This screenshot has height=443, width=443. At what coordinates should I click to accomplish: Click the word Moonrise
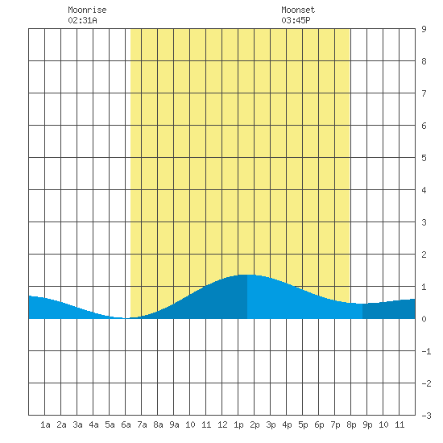[x=87, y=10]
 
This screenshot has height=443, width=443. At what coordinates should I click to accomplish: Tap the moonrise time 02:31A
[x=82, y=20]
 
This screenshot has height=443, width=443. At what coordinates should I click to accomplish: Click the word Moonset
[x=298, y=10]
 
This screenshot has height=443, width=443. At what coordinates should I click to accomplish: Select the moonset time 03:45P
[x=296, y=20]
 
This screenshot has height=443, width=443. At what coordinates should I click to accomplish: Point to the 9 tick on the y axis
[x=424, y=29]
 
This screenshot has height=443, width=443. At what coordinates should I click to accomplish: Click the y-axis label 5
[x=424, y=158]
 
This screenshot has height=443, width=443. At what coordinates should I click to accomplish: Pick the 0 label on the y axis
[x=424, y=319]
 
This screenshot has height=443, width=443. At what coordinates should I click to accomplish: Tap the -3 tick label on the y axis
[x=426, y=416]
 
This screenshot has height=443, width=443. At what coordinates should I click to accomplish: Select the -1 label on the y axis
[x=426, y=351]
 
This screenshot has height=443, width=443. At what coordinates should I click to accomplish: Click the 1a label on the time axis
[x=45, y=424]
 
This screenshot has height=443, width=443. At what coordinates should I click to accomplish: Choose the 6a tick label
[x=126, y=424]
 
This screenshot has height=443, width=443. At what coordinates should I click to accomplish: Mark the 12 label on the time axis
[x=222, y=424]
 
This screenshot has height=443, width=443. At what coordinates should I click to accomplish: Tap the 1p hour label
[x=238, y=425]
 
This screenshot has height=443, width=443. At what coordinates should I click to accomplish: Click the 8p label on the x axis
[x=351, y=425]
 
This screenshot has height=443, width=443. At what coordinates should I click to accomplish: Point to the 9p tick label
[x=367, y=425]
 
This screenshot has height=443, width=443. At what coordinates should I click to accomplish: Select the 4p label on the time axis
[x=287, y=425]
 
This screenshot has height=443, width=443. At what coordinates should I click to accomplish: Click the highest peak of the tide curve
[x=247, y=275]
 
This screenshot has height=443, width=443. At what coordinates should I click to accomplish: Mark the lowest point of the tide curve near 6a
[x=126, y=318]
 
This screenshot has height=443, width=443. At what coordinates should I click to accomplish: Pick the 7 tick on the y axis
[x=424, y=93]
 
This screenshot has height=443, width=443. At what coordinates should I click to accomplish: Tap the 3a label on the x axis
[x=77, y=424]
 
